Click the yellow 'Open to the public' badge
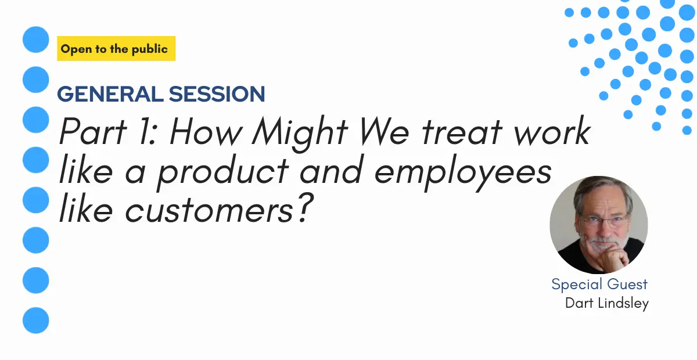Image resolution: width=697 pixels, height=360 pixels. coord(116,49)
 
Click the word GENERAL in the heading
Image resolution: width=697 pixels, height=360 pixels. coord(110,94)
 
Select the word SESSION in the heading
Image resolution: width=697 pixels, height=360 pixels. coord(217,94)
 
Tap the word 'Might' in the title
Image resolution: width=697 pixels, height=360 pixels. coord(300,133)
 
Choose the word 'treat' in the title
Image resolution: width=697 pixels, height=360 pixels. coord(462,131)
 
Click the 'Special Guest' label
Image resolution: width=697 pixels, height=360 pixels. coord(599,284)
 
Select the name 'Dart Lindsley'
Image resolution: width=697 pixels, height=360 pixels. coord(607,303)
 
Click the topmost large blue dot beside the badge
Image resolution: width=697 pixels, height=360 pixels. coord(36,39)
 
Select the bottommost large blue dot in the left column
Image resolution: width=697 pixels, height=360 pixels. coord(36,320)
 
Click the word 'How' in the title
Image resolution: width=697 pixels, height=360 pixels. coord(206,131)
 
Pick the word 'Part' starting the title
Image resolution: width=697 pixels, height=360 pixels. coord(93,131)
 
